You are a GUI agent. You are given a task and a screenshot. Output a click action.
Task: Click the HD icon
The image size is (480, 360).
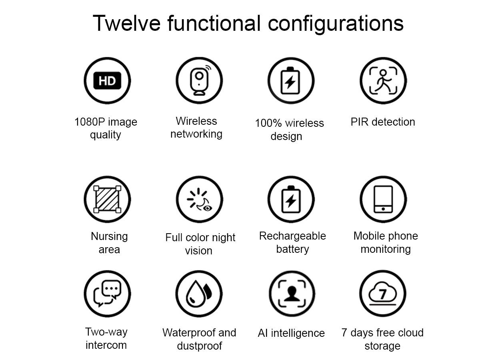[107, 81]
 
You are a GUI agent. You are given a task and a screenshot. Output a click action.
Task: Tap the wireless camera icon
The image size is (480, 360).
[199, 81]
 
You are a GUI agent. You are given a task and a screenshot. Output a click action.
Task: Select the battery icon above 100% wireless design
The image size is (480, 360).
[290, 81]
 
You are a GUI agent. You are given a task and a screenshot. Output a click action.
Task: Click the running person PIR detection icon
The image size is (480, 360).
[383, 81]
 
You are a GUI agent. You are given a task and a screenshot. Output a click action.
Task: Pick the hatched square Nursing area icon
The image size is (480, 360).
[107, 199]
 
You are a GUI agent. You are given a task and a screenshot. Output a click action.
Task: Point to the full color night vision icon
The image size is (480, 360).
[199, 199]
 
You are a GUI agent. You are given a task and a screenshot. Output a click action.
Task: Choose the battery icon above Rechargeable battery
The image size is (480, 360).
[291, 199]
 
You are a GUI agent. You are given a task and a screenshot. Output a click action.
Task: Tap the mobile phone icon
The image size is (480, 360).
[383, 199]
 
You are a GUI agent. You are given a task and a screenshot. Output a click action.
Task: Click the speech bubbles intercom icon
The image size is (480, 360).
[107, 294]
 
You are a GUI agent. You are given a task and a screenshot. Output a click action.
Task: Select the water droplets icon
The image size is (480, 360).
[199, 294]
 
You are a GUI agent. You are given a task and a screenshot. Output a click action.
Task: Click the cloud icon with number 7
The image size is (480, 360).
[382, 294]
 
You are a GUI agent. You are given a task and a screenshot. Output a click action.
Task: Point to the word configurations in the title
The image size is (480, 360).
[336, 24]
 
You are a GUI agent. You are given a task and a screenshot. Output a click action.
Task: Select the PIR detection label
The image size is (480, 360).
[383, 122]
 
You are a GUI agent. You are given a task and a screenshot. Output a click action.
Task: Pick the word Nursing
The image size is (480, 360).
[109, 236]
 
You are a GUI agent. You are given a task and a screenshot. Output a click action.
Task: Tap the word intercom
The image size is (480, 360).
[106, 345]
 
